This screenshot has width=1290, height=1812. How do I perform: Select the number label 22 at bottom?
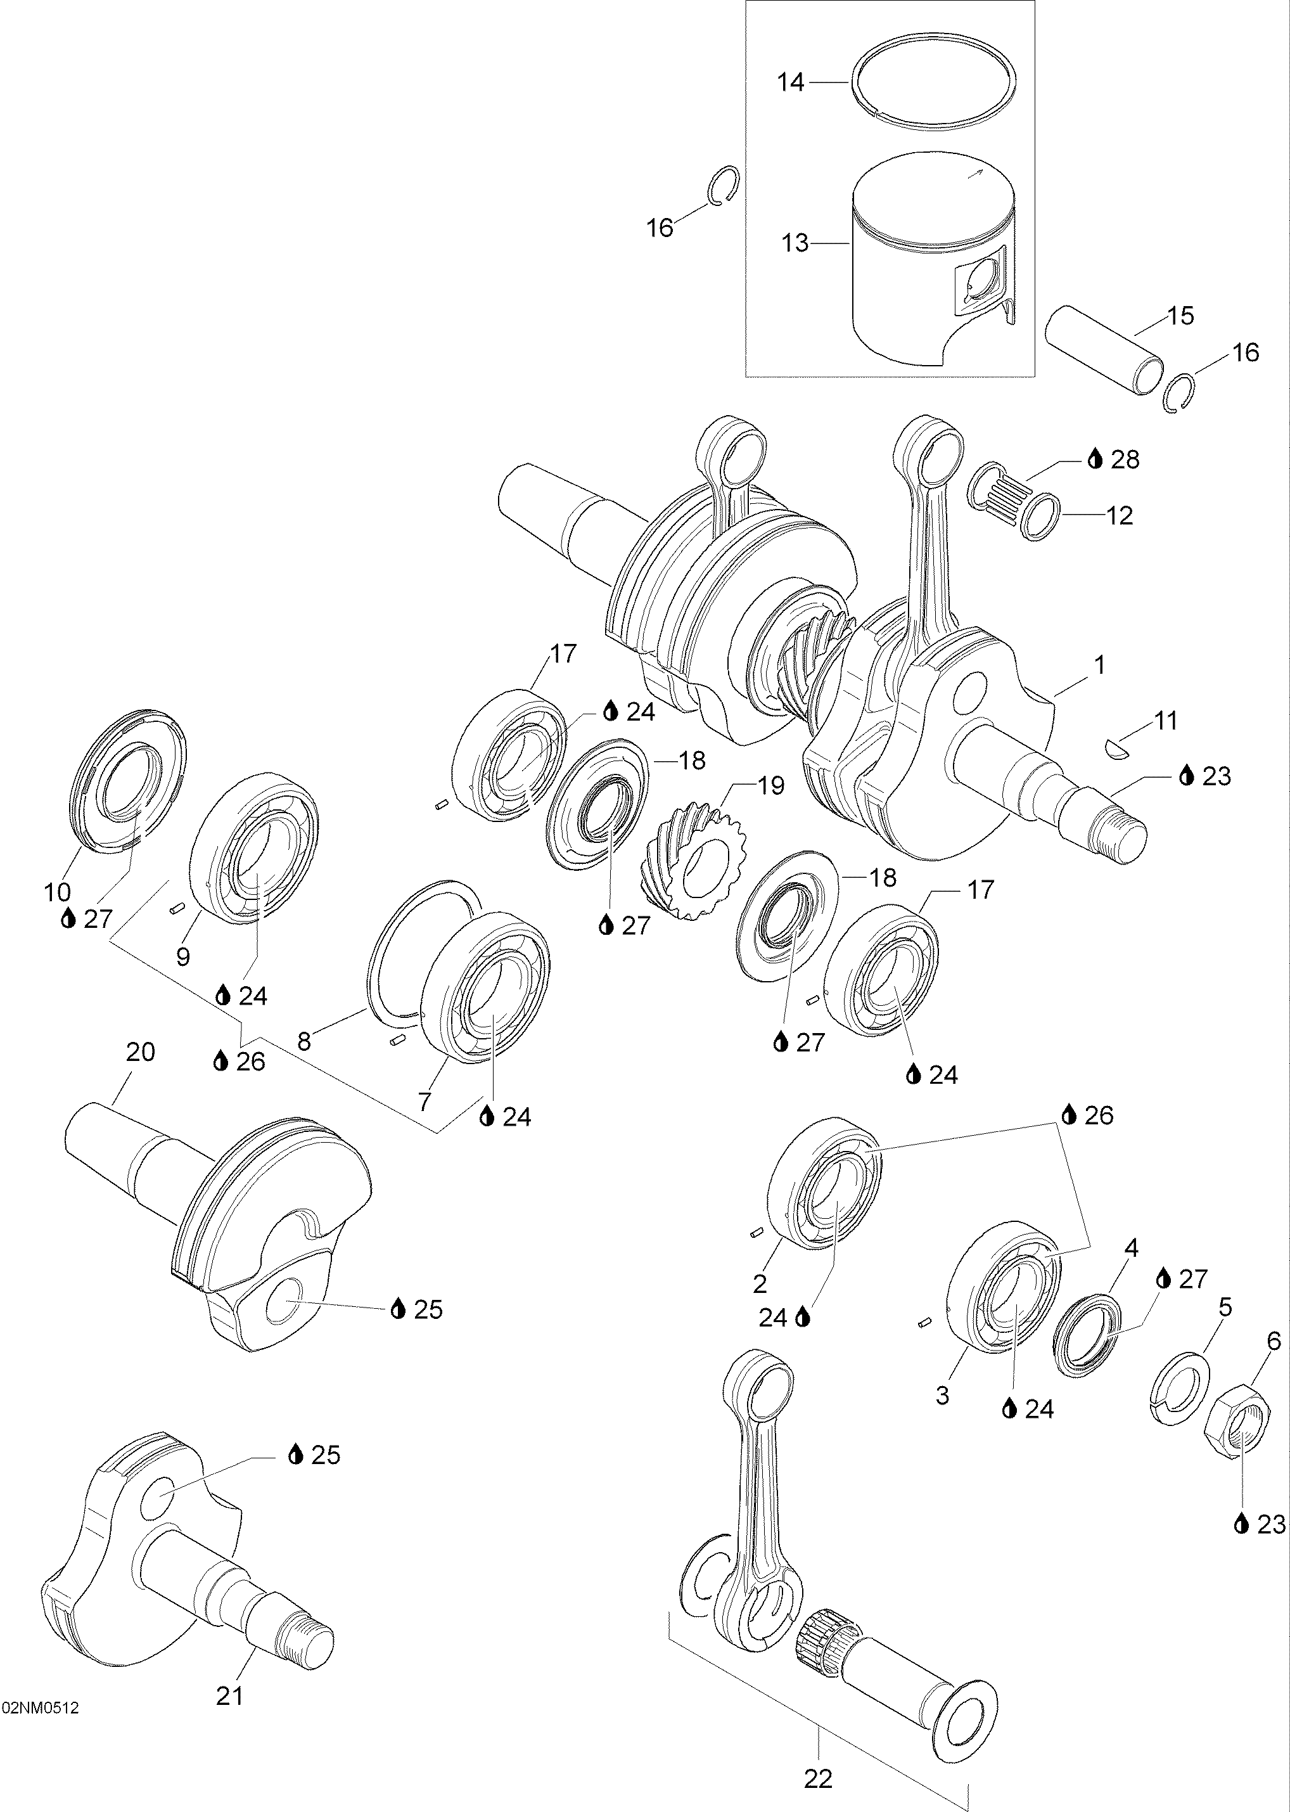click(x=817, y=1778)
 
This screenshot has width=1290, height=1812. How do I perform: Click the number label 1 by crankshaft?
click(x=1099, y=665)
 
